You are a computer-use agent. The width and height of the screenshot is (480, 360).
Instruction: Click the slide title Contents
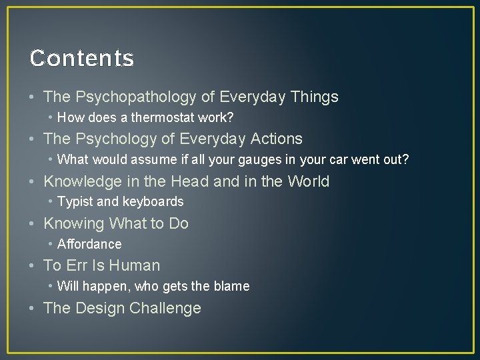point(82,58)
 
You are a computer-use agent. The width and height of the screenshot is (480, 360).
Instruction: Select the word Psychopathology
point(136,97)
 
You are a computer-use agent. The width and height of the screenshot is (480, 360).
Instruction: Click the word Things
point(314,97)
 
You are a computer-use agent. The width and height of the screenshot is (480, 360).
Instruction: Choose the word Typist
point(75,201)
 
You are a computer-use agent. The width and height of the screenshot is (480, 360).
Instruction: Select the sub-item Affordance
point(89,244)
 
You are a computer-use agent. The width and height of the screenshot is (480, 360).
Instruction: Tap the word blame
point(231,286)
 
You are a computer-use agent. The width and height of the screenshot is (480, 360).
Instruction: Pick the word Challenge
point(165,308)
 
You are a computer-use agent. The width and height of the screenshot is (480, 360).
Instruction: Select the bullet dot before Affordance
point(51,244)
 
